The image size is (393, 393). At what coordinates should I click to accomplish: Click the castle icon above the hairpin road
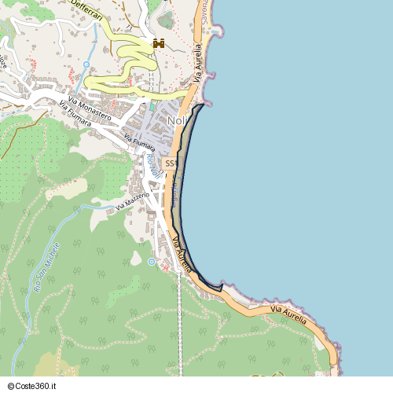tap(158, 44)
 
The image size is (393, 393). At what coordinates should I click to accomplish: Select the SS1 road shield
tap(170, 163)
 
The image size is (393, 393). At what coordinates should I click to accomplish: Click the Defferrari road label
tap(91, 6)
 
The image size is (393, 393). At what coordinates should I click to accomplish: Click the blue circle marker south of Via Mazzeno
tap(152, 262)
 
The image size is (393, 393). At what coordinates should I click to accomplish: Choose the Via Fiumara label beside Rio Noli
tap(139, 142)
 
